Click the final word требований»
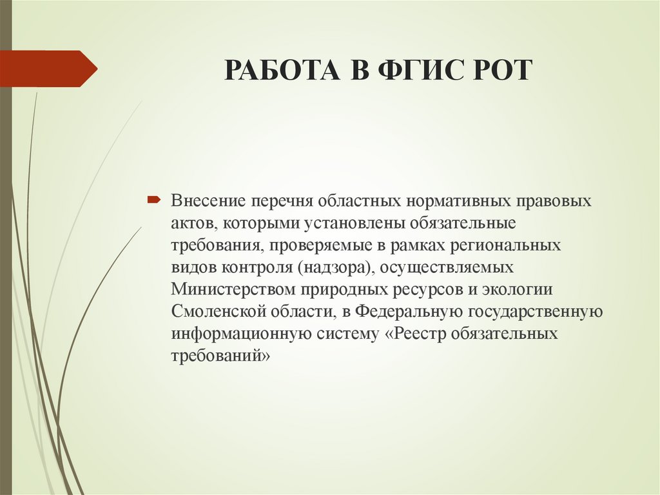point(219,356)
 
